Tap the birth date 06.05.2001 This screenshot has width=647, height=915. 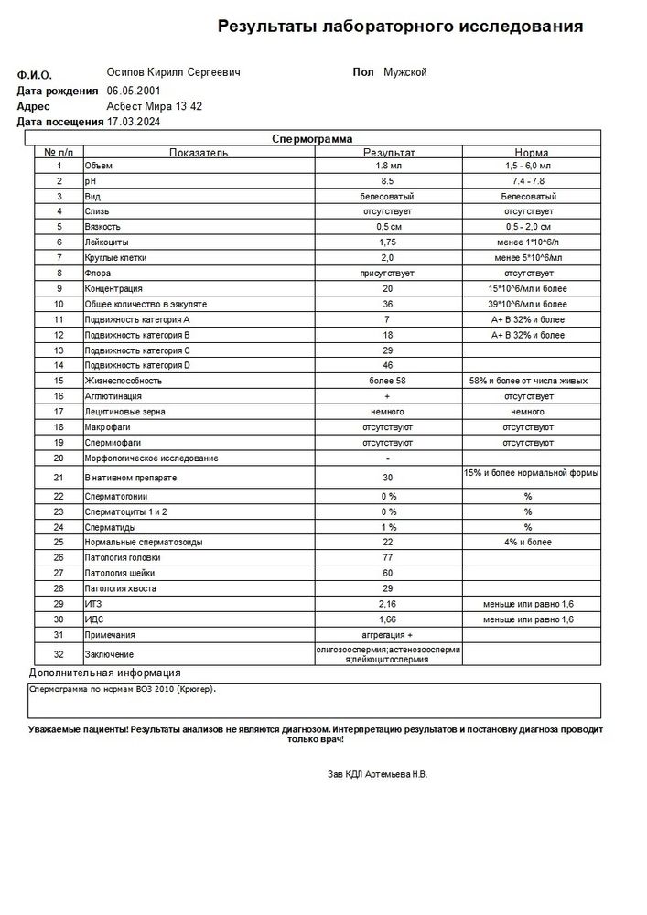135,91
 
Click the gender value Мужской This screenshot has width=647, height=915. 404,72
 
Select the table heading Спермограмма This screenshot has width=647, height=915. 312,138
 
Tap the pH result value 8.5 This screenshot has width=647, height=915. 388,181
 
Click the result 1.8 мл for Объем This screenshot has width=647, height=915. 388,166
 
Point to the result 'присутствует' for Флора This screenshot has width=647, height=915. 388,273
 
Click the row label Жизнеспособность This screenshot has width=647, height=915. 124,380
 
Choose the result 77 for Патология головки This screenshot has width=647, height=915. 388,557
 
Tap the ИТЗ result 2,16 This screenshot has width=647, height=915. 388,604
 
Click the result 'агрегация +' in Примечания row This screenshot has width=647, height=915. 388,634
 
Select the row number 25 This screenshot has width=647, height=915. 59,542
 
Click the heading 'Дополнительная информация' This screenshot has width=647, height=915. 104,673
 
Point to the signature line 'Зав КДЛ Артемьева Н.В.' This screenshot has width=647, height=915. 377,774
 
